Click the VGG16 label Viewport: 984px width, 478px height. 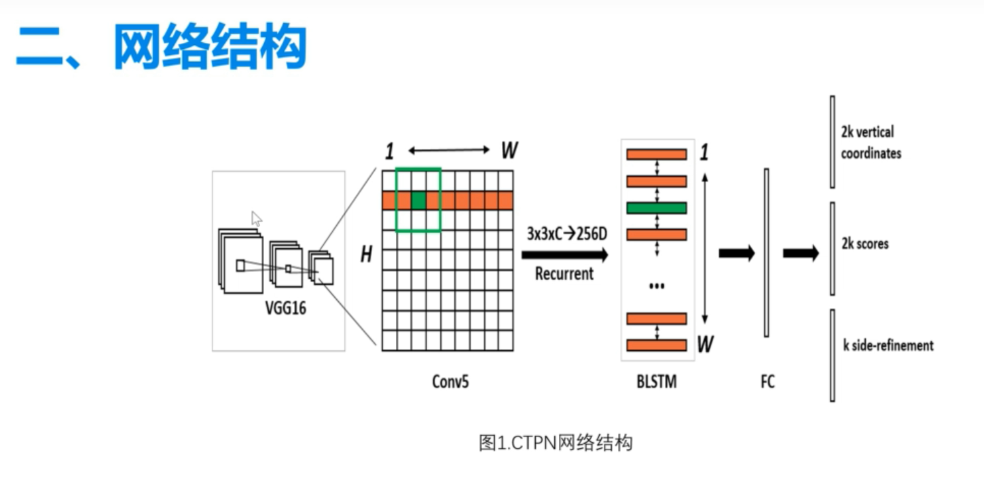click(x=285, y=309)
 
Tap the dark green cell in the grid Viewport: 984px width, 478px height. click(x=418, y=201)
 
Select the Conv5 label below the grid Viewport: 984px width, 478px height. click(x=450, y=381)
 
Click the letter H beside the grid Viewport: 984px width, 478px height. click(x=367, y=255)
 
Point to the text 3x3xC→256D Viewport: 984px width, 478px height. click(x=566, y=235)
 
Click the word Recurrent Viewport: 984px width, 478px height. click(x=564, y=274)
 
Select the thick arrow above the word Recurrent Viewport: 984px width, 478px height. click(x=564, y=255)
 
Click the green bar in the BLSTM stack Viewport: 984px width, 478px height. click(x=656, y=207)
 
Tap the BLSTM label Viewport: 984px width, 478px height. click(x=657, y=382)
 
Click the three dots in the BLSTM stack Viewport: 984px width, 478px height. click(x=656, y=286)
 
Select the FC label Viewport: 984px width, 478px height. click(x=767, y=382)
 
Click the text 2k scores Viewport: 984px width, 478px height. click(x=864, y=243)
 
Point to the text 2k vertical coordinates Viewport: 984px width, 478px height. click(x=871, y=143)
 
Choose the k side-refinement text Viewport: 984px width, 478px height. click(x=888, y=345)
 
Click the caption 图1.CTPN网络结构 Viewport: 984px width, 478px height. click(x=555, y=443)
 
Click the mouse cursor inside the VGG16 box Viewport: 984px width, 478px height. click(x=256, y=218)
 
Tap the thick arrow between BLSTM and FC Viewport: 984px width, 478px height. click(x=737, y=254)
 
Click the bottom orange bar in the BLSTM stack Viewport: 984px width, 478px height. click(x=656, y=345)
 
